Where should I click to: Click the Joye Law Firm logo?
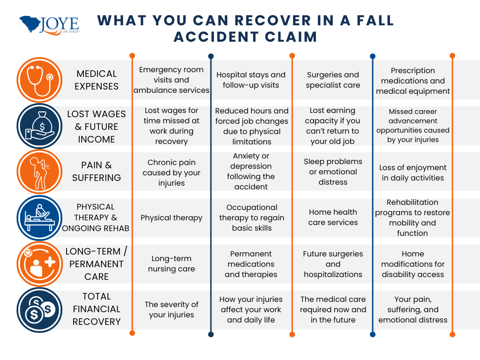tap(49, 26)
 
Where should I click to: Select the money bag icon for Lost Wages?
tap(39, 126)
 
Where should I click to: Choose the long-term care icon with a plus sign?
tap(39, 264)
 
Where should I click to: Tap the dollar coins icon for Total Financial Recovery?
tap(39, 310)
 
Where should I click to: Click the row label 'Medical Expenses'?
tap(97, 80)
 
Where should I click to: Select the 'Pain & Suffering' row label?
tap(97, 172)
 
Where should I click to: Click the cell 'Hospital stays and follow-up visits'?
tap(251, 80)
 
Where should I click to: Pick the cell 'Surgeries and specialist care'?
tap(333, 80)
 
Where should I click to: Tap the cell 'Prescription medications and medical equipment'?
tap(413, 81)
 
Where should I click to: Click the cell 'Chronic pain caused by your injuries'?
tap(172, 172)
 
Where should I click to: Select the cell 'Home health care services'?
tap(333, 217)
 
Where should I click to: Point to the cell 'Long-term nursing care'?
tap(172, 264)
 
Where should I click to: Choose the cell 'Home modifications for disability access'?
tap(413, 264)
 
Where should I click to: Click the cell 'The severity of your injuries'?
tap(172, 310)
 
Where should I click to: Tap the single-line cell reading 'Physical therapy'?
tap(172, 218)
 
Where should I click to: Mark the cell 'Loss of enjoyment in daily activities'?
tap(413, 172)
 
